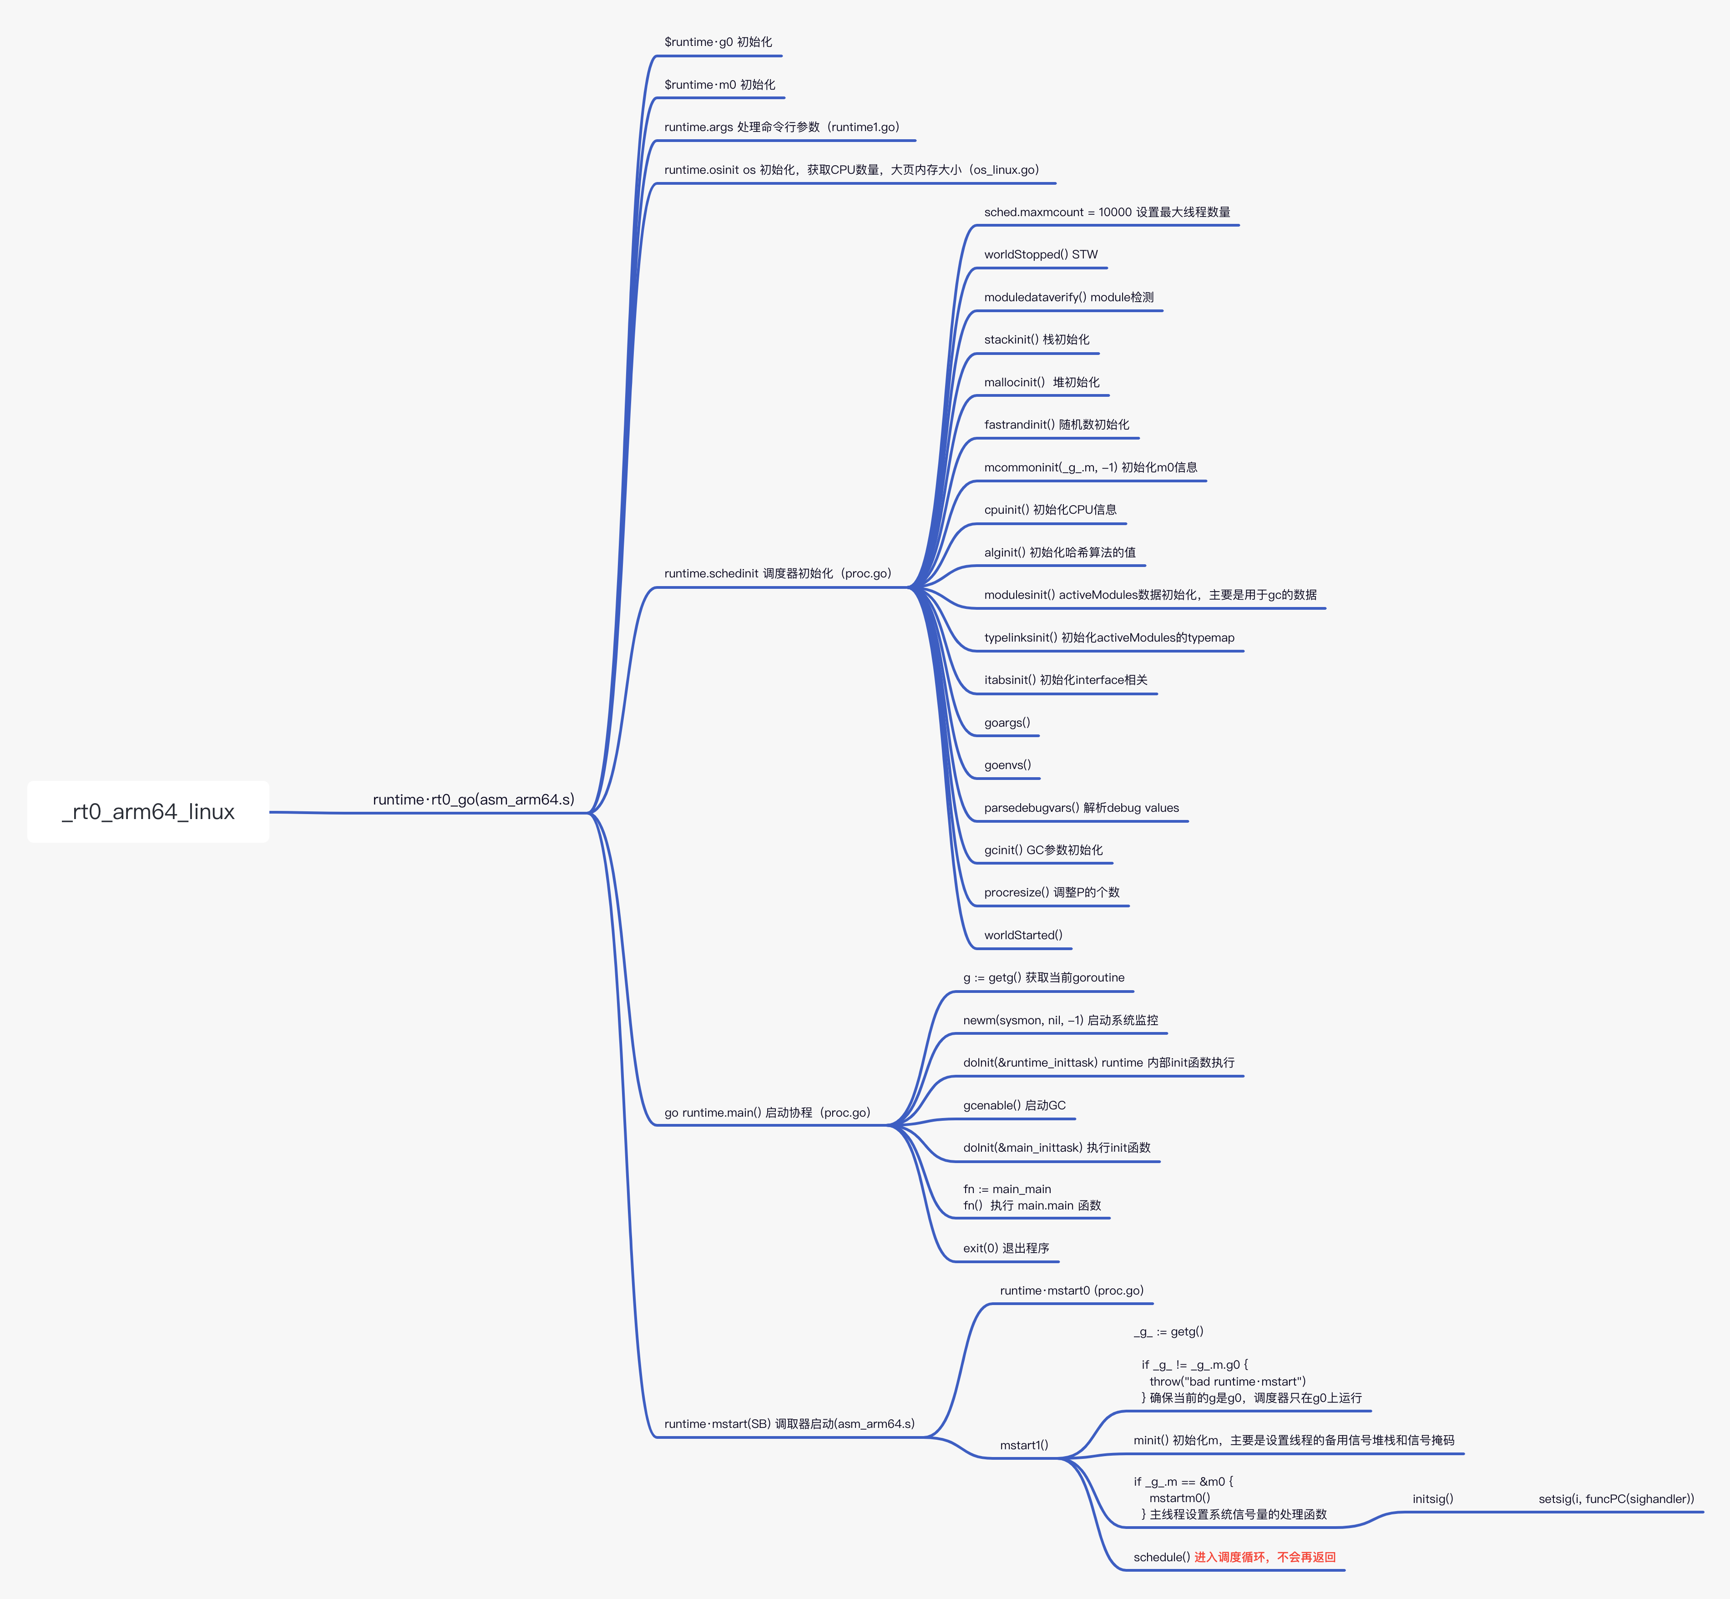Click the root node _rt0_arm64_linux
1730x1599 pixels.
tap(148, 812)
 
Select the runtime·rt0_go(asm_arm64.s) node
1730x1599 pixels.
tap(473, 799)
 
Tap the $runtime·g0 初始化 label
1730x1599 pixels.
tap(718, 41)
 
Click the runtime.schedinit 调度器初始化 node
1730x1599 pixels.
tap(777, 574)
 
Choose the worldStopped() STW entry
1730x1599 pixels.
tap(1040, 254)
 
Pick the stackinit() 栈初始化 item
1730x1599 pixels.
tap(1036, 339)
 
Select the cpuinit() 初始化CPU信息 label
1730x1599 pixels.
tap(1050, 510)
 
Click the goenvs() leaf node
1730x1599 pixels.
tap(1007, 765)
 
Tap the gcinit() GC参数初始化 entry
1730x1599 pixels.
tap(1043, 850)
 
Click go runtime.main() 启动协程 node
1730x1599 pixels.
tap(767, 1113)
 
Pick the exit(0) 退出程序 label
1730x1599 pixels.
tap(1006, 1248)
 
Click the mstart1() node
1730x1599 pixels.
tap(1024, 1445)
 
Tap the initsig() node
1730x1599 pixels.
tap(1432, 1498)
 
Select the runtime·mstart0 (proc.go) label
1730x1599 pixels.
tap(1072, 1290)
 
